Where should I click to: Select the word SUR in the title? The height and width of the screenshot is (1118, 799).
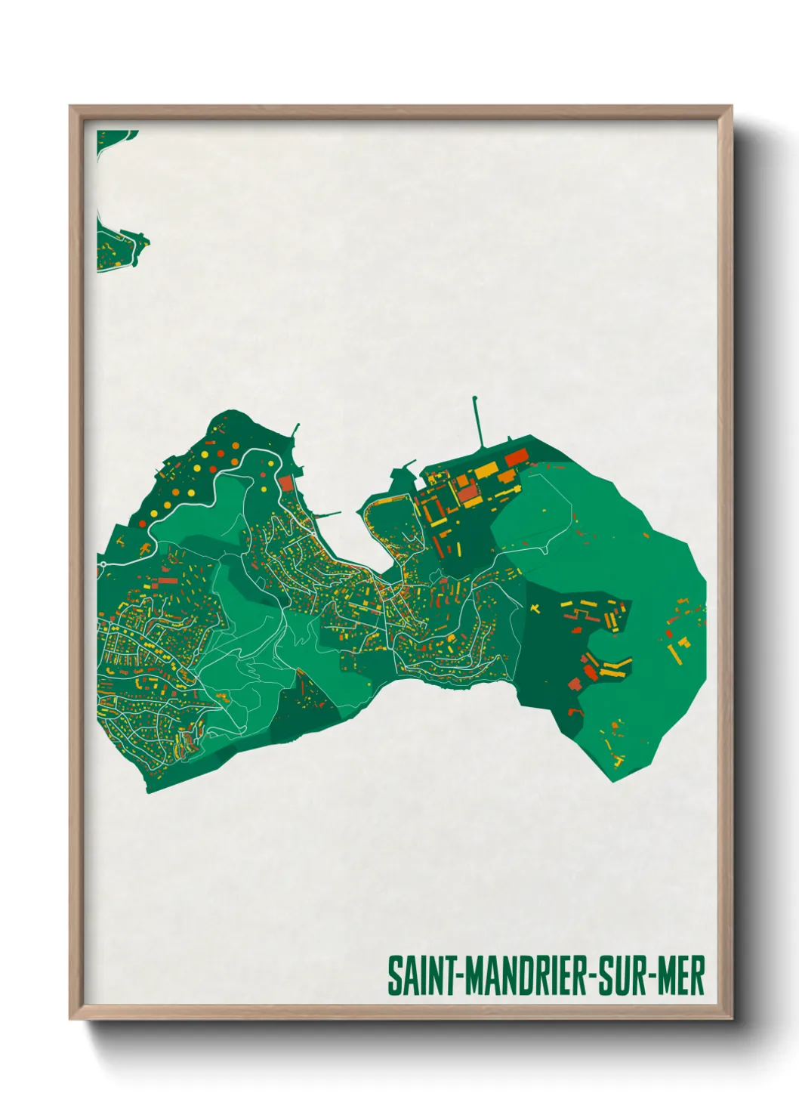[625, 976]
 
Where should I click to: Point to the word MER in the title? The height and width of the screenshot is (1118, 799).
[681, 976]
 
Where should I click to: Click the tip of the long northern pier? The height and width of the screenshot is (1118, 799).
[474, 397]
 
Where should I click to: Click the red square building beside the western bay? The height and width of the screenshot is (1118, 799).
[285, 483]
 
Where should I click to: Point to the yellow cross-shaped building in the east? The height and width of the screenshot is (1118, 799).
[535, 607]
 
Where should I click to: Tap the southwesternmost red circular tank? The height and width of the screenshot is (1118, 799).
[142, 523]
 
